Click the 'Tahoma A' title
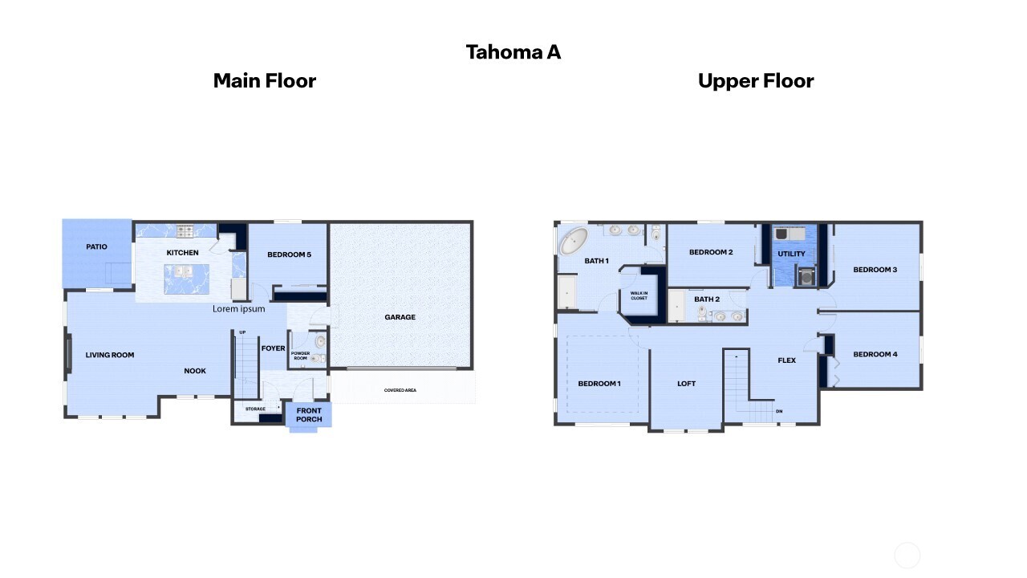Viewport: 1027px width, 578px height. pyautogui.click(x=513, y=52)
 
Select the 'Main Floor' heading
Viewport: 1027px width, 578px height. pyautogui.click(x=264, y=81)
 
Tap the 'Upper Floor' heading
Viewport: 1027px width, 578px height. pyautogui.click(x=755, y=81)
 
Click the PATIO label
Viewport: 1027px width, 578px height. pyautogui.click(x=96, y=247)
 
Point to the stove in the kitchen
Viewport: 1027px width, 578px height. pyautogui.click(x=185, y=231)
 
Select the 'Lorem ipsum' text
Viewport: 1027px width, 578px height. pyautogui.click(x=238, y=309)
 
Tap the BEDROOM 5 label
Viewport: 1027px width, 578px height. pyautogui.click(x=289, y=255)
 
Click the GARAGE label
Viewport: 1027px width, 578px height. pyautogui.click(x=400, y=317)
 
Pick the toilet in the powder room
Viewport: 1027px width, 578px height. pyautogui.click(x=319, y=342)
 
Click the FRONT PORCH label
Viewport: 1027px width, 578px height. pyautogui.click(x=309, y=415)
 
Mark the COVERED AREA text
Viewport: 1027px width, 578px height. pyautogui.click(x=400, y=391)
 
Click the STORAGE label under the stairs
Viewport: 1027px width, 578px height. pyautogui.click(x=255, y=409)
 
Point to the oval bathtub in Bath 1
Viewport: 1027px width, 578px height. pyautogui.click(x=573, y=239)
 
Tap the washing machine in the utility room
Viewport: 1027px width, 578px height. pyautogui.click(x=804, y=275)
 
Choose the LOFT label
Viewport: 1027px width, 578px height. pyautogui.click(x=686, y=384)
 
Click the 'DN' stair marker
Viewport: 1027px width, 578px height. pyautogui.click(x=778, y=412)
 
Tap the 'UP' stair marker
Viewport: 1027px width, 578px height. pyautogui.click(x=242, y=332)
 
